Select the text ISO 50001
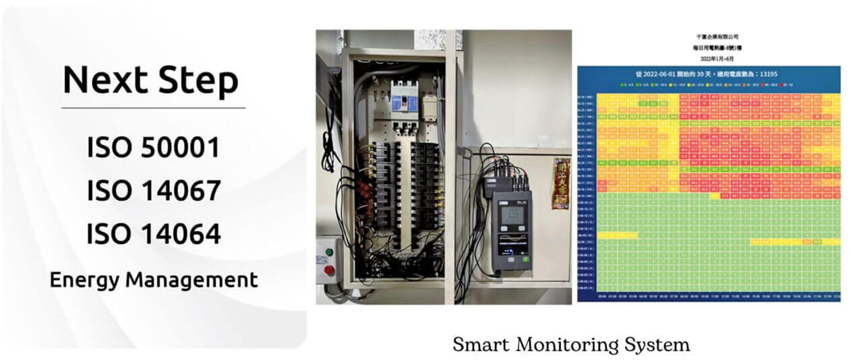point(153,148)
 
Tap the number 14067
point(181,191)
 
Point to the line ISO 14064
point(153,234)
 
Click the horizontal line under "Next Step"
point(153,108)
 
